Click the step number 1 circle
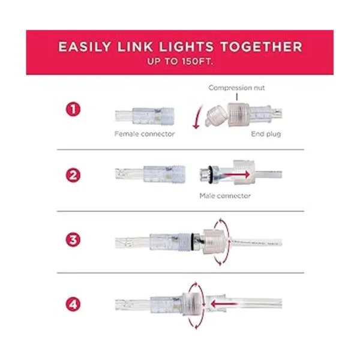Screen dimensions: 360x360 coord(73,109)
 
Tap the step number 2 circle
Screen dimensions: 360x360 coord(73,175)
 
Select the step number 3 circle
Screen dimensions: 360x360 coord(73,239)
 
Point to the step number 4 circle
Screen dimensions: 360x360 coord(73,304)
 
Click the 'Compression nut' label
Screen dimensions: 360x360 coord(236,88)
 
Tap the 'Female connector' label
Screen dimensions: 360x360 coord(145,134)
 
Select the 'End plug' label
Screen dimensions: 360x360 coord(266,134)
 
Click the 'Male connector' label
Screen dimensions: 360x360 coord(225,196)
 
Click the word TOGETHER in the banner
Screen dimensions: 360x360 coord(261,47)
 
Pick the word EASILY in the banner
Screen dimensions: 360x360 coord(85,47)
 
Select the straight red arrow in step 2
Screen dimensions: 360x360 coord(236,175)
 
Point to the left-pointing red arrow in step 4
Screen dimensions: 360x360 coord(223,304)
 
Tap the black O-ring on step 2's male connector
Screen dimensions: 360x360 coord(210,174)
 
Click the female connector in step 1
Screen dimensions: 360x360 coord(145,116)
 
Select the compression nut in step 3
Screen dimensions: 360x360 coord(214,242)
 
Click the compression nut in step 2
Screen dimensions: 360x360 coord(244,172)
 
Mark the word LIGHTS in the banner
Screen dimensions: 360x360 coord(187,47)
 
